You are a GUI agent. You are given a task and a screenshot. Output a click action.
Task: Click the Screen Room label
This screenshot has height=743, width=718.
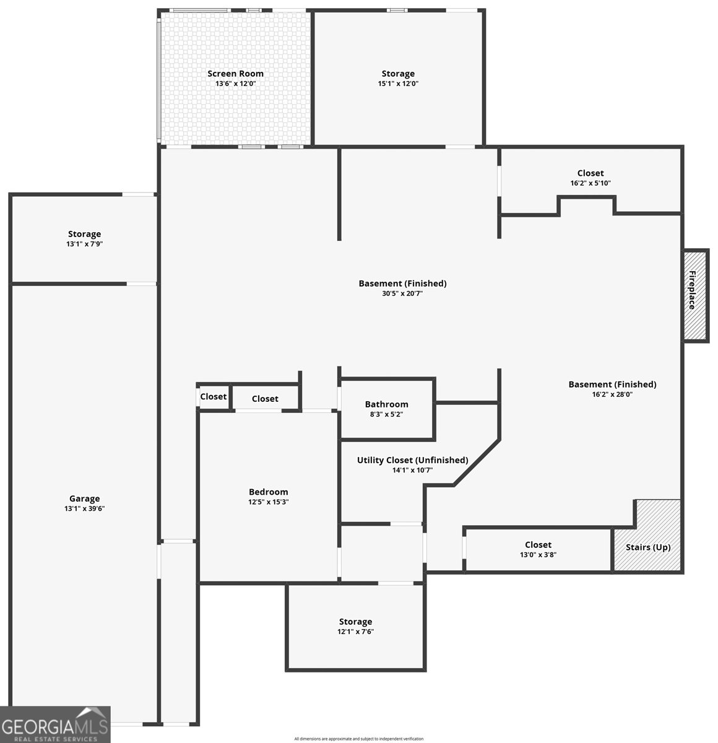tap(235, 74)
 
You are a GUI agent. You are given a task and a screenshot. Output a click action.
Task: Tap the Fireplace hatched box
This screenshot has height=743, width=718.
tap(695, 295)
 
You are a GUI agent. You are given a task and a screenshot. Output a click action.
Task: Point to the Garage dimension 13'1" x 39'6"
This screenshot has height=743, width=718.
tap(84, 508)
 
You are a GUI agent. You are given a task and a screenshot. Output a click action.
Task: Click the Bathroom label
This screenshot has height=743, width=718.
tap(386, 404)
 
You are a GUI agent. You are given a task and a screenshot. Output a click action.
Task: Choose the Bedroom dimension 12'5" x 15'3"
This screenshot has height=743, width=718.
tap(268, 502)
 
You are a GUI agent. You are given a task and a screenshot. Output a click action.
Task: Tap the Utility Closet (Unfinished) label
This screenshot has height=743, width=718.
tap(412, 460)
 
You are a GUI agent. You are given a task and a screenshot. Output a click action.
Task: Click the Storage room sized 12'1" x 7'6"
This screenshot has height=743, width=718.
tap(355, 627)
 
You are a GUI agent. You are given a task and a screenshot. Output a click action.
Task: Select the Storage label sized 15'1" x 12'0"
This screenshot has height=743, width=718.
tap(398, 74)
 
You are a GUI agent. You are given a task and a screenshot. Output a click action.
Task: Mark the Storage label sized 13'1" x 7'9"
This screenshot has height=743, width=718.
tap(84, 234)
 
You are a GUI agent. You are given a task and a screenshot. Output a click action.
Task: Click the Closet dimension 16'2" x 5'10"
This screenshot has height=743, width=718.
tap(590, 183)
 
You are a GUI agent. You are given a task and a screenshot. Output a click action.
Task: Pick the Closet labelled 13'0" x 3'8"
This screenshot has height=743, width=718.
tap(538, 550)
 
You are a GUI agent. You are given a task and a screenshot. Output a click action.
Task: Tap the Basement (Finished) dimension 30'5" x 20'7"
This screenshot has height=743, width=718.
tap(402, 293)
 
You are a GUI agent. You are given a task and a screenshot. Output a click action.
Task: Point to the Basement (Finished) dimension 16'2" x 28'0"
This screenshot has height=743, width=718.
tap(612, 394)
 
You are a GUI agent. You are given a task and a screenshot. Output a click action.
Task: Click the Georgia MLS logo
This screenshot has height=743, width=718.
tap(55, 724)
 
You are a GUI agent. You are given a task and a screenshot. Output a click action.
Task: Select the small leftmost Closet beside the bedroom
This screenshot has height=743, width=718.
tap(214, 397)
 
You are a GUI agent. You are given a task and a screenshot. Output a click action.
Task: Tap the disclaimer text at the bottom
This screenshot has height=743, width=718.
tap(359, 739)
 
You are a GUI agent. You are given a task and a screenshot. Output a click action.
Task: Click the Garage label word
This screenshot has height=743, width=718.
tap(84, 498)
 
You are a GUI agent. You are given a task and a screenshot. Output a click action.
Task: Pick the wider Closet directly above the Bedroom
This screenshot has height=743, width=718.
tap(265, 399)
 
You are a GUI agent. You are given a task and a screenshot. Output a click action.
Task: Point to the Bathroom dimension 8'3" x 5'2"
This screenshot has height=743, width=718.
tap(386, 414)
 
